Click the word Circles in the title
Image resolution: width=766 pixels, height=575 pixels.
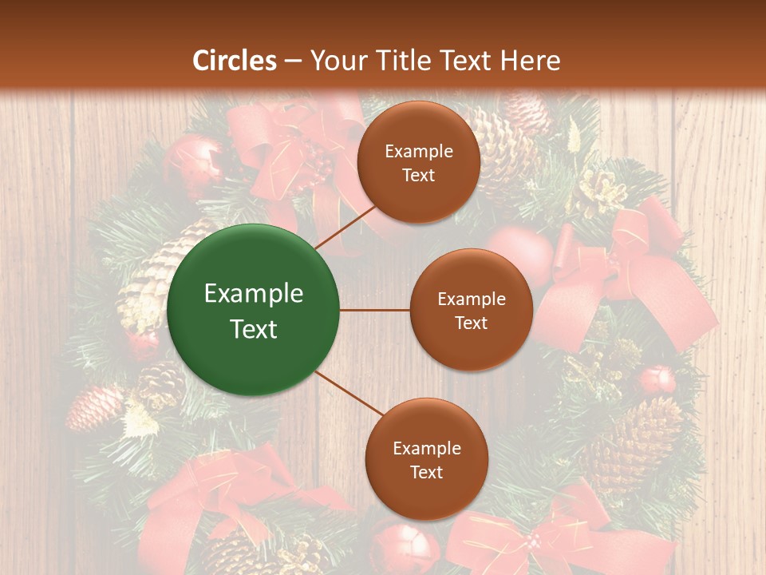click(x=235, y=61)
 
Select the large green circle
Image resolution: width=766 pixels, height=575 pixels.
click(x=253, y=310)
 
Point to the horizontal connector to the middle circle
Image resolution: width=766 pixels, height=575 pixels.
click(x=375, y=310)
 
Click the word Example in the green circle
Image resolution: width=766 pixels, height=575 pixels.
click(x=253, y=294)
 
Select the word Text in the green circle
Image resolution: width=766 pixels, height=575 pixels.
click(x=253, y=329)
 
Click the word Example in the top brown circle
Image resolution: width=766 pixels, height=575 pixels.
click(x=419, y=152)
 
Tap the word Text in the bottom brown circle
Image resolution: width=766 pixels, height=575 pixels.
click(x=426, y=472)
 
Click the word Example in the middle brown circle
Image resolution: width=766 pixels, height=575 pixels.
click(x=471, y=299)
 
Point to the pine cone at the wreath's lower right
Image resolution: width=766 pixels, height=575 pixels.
click(x=638, y=439)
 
